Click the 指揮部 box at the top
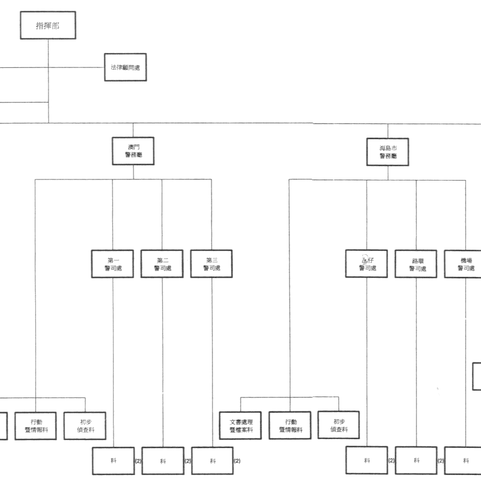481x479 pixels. tap(48, 25)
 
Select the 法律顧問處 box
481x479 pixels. tap(125, 67)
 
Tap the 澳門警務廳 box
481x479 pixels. tap(133, 151)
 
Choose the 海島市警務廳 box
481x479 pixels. tap(388, 151)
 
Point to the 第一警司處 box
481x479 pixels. tap(112, 264)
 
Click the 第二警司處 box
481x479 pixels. tap(162, 264)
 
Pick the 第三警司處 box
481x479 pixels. tap(212, 264)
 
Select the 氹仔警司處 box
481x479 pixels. tap(367, 264)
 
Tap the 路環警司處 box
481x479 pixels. tap(416, 264)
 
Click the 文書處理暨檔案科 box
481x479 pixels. tap(241, 426)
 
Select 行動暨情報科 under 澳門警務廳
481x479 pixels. tap(36, 426)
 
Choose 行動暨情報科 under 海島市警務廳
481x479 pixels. tap(290, 426)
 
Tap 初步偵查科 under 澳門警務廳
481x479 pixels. tap(85, 426)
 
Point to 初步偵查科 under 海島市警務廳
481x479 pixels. tap(338, 426)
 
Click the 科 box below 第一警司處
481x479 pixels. tap(113, 461)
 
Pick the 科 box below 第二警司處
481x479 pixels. tap(163, 461)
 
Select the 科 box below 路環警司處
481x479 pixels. tap(416, 461)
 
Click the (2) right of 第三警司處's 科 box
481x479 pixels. tap(237, 461)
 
